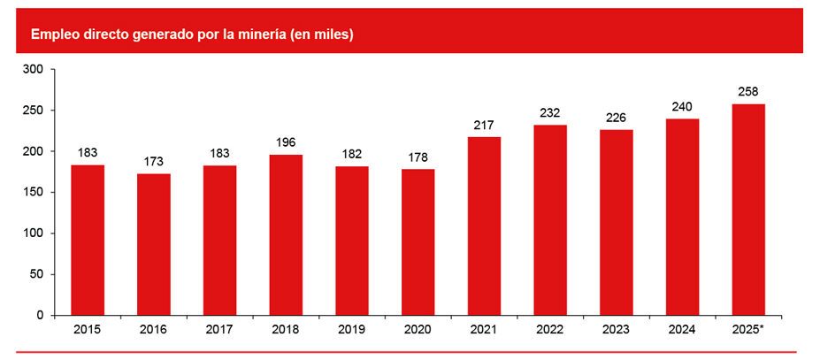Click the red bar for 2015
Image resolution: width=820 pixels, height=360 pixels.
point(88,240)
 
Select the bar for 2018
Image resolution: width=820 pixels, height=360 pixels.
point(286,234)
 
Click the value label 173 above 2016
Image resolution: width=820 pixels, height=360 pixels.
point(154,162)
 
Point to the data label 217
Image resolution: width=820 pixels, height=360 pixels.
point(484,125)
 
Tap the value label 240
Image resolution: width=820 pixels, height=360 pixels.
point(682,106)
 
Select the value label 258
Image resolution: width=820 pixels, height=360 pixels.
point(748,91)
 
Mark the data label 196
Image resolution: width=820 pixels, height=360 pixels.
point(286,142)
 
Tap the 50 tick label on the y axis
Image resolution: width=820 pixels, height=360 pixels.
point(35,274)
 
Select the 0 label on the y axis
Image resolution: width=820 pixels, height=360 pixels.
point(39,315)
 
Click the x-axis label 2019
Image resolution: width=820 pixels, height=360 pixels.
point(352,330)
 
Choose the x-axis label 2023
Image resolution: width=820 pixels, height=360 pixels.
point(617,330)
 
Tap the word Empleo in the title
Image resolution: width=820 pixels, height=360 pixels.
point(54,34)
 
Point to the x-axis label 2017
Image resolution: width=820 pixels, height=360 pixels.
point(219,330)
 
